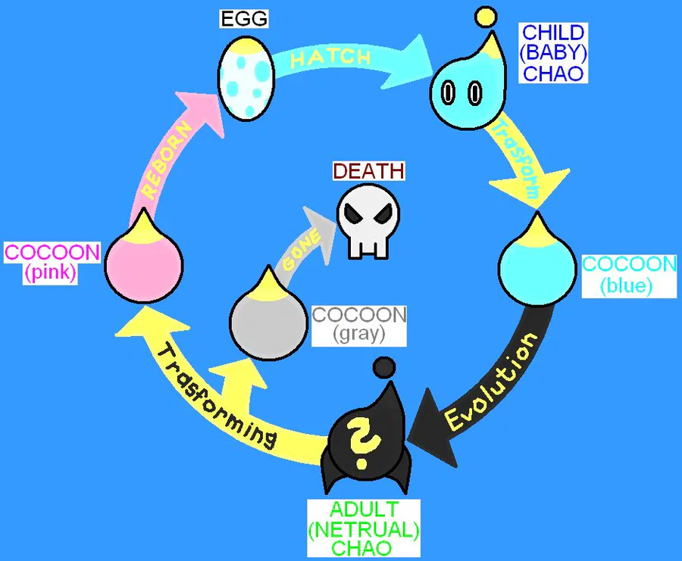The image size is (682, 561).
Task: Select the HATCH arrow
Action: pyautogui.click(x=341, y=58)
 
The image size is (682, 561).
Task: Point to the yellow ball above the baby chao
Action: pyautogui.click(x=485, y=15)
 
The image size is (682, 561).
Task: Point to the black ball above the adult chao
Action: pyautogui.click(x=384, y=367)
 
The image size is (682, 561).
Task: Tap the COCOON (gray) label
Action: pyautogui.click(x=359, y=323)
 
